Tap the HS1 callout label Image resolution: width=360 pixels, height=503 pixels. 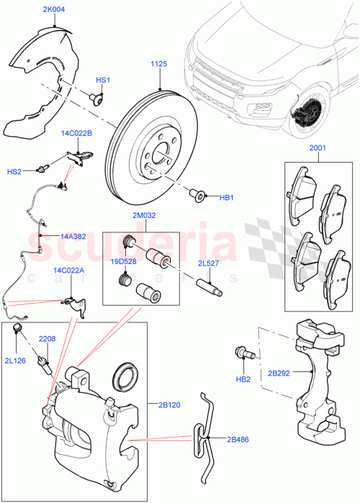pos(103,80)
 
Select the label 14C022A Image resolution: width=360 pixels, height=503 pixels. pos(68,271)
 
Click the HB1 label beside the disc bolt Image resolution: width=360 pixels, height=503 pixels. pos(227,196)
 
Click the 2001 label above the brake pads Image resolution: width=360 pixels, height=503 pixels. pos(318,149)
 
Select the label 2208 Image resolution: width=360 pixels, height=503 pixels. pos(48,337)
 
